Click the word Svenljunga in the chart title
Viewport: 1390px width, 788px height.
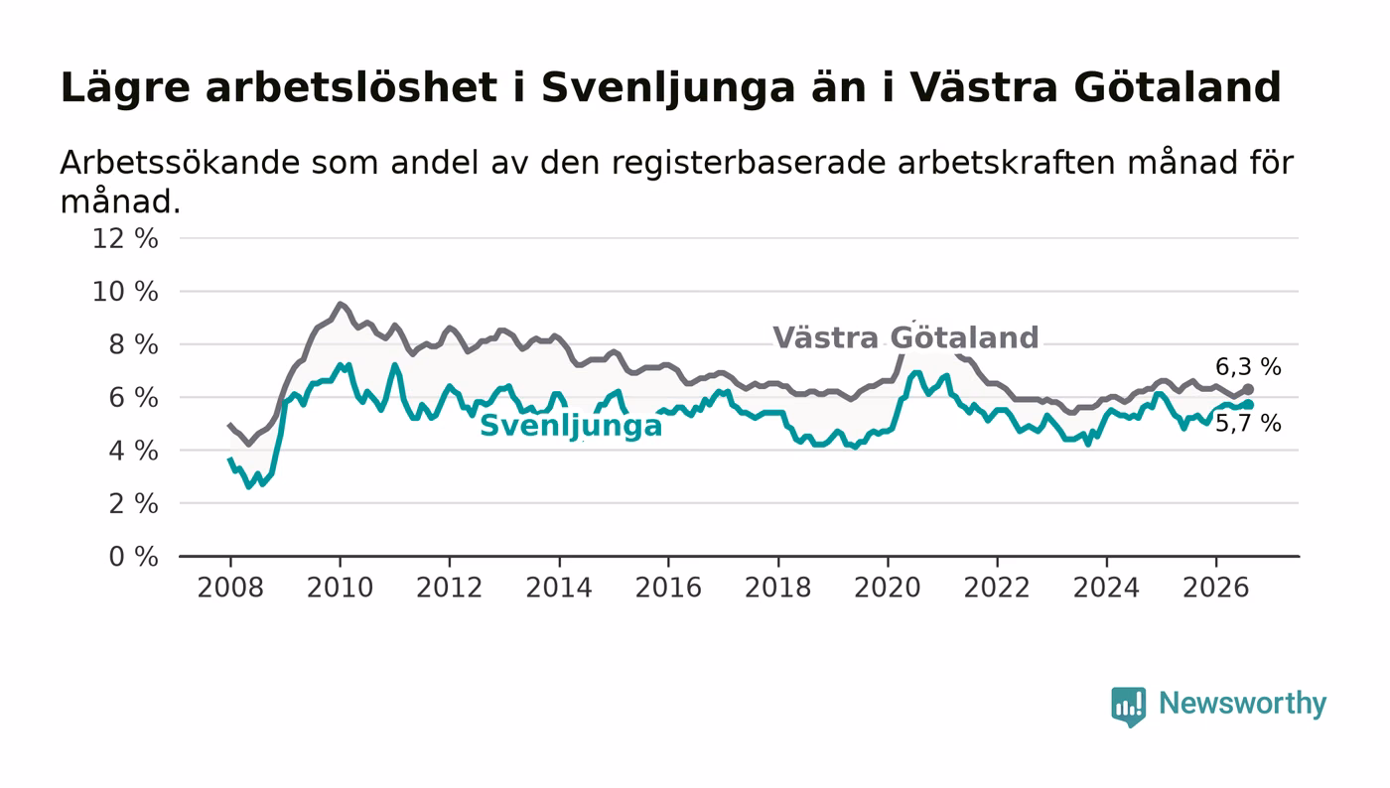click(x=667, y=88)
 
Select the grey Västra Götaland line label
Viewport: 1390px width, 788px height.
click(x=905, y=337)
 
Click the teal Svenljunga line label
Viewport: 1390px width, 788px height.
click(x=571, y=427)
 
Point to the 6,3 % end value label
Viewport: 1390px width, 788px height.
click(x=1248, y=366)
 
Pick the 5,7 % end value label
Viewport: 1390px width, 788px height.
click(x=1248, y=424)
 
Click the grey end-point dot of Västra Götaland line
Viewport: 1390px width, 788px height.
click(x=1249, y=389)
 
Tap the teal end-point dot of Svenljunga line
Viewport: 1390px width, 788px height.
click(x=1249, y=405)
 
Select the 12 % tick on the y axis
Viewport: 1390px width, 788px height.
click(x=125, y=238)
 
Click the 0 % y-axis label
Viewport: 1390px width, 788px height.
click(x=133, y=557)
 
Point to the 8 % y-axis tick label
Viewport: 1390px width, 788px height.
click(x=133, y=344)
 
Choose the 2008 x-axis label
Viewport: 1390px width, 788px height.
click(x=230, y=588)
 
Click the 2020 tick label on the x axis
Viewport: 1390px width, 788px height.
click(x=888, y=588)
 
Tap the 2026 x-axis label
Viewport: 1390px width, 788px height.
click(x=1215, y=588)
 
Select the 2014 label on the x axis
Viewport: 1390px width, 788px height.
click(x=559, y=588)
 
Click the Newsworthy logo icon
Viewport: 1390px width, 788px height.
click(x=1128, y=706)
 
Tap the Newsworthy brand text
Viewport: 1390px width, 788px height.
click(x=1243, y=704)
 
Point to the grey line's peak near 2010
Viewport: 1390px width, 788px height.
click(x=340, y=304)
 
